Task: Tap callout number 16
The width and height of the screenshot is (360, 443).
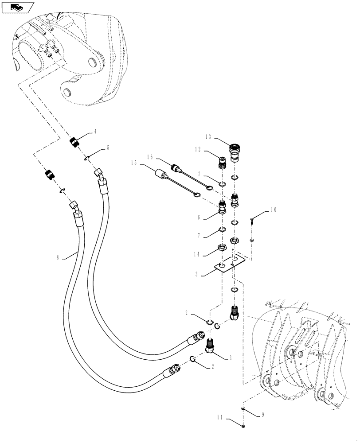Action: [x=149, y=157]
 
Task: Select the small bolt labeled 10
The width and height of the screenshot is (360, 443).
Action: [x=253, y=220]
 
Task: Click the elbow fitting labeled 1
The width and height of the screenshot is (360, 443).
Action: [x=211, y=348]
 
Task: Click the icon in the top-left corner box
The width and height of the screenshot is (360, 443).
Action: [x=18, y=7]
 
